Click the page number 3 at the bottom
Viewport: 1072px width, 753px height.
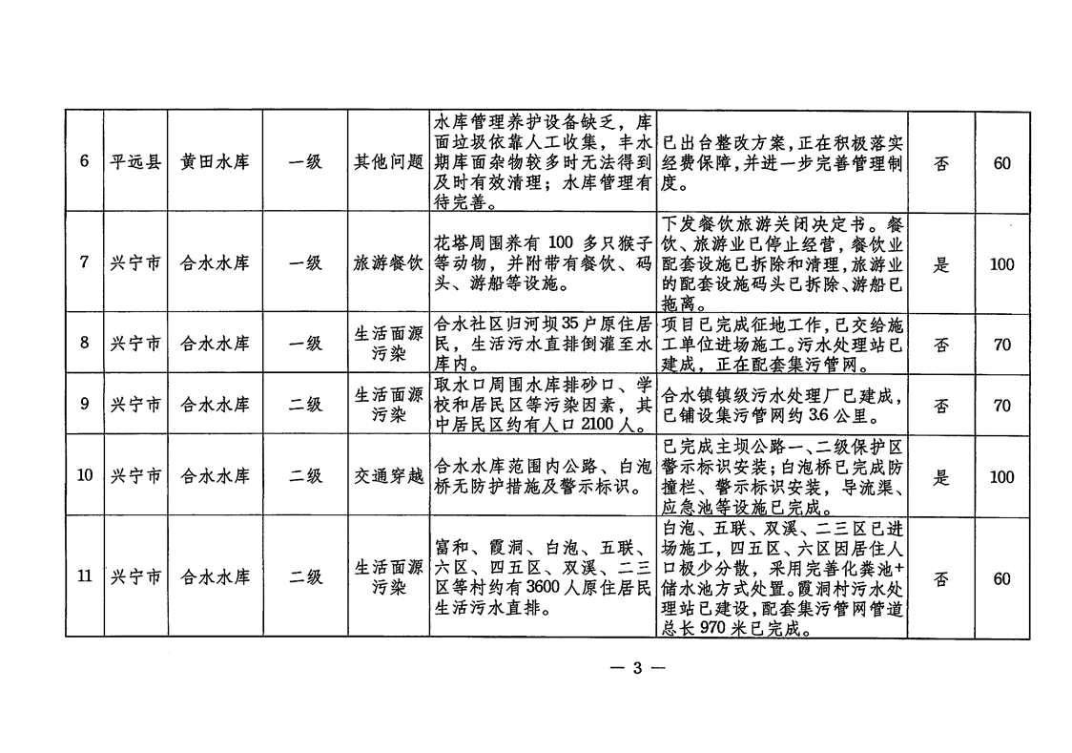[x=637, y=668]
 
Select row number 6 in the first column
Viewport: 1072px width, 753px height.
[x=84, y=161]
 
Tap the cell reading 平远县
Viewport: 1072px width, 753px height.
[x=135, y=162]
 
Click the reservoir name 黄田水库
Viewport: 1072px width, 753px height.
[x=215, y=162]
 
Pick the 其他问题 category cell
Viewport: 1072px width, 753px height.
[x=388, y=162]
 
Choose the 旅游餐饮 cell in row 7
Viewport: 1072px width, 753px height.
[x=388, y=263]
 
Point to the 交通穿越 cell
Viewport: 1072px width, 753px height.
[x=388, y=476]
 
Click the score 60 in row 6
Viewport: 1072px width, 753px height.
[x=1001, y=163]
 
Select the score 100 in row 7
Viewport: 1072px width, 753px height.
[x=1001, y=264]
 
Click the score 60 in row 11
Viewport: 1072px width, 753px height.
[x=1001, y=579]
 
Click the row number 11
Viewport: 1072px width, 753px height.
[x=84, y=575]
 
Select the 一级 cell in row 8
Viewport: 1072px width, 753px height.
[x=305, y=344]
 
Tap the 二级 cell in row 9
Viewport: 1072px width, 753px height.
[x=305, y=405]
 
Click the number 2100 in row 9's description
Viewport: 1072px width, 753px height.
[x=597, y=425]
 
